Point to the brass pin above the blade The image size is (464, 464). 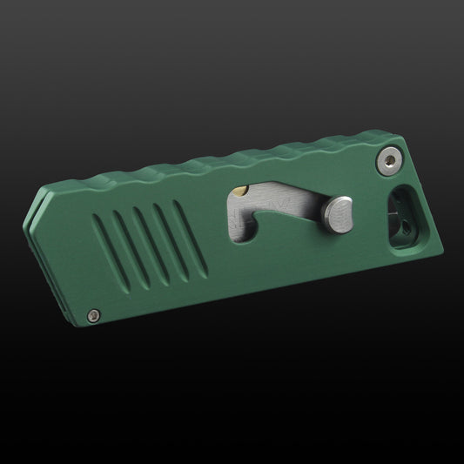[245, 191]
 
